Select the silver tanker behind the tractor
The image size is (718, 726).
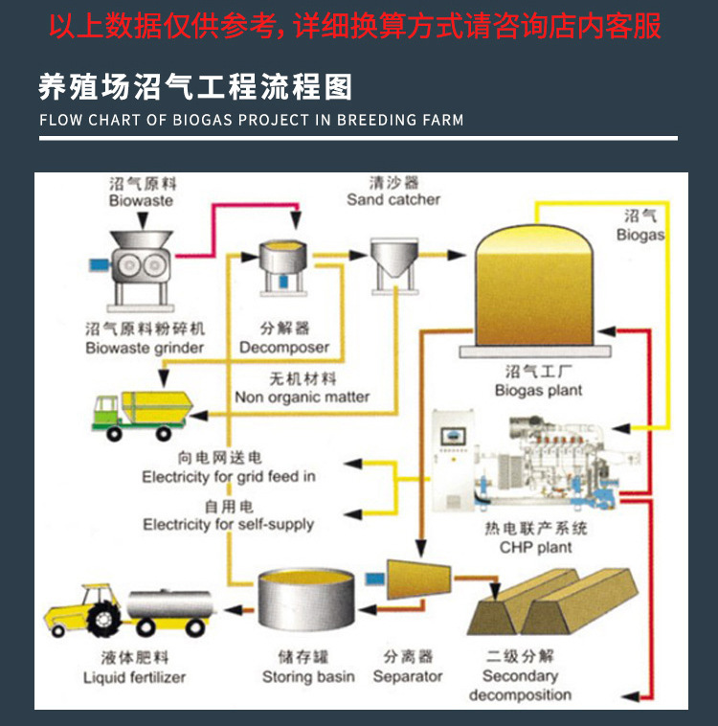[170, 606]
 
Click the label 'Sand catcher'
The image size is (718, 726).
[393, 199]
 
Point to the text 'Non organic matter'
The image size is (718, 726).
[302, 397]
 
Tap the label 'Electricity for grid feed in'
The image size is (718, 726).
[229, 476]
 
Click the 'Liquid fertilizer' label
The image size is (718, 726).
[134, 677]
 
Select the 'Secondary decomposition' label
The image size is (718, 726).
[520, 686]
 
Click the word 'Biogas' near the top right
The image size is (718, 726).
[639, 235]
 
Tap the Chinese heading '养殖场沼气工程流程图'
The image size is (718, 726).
[195, 88]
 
